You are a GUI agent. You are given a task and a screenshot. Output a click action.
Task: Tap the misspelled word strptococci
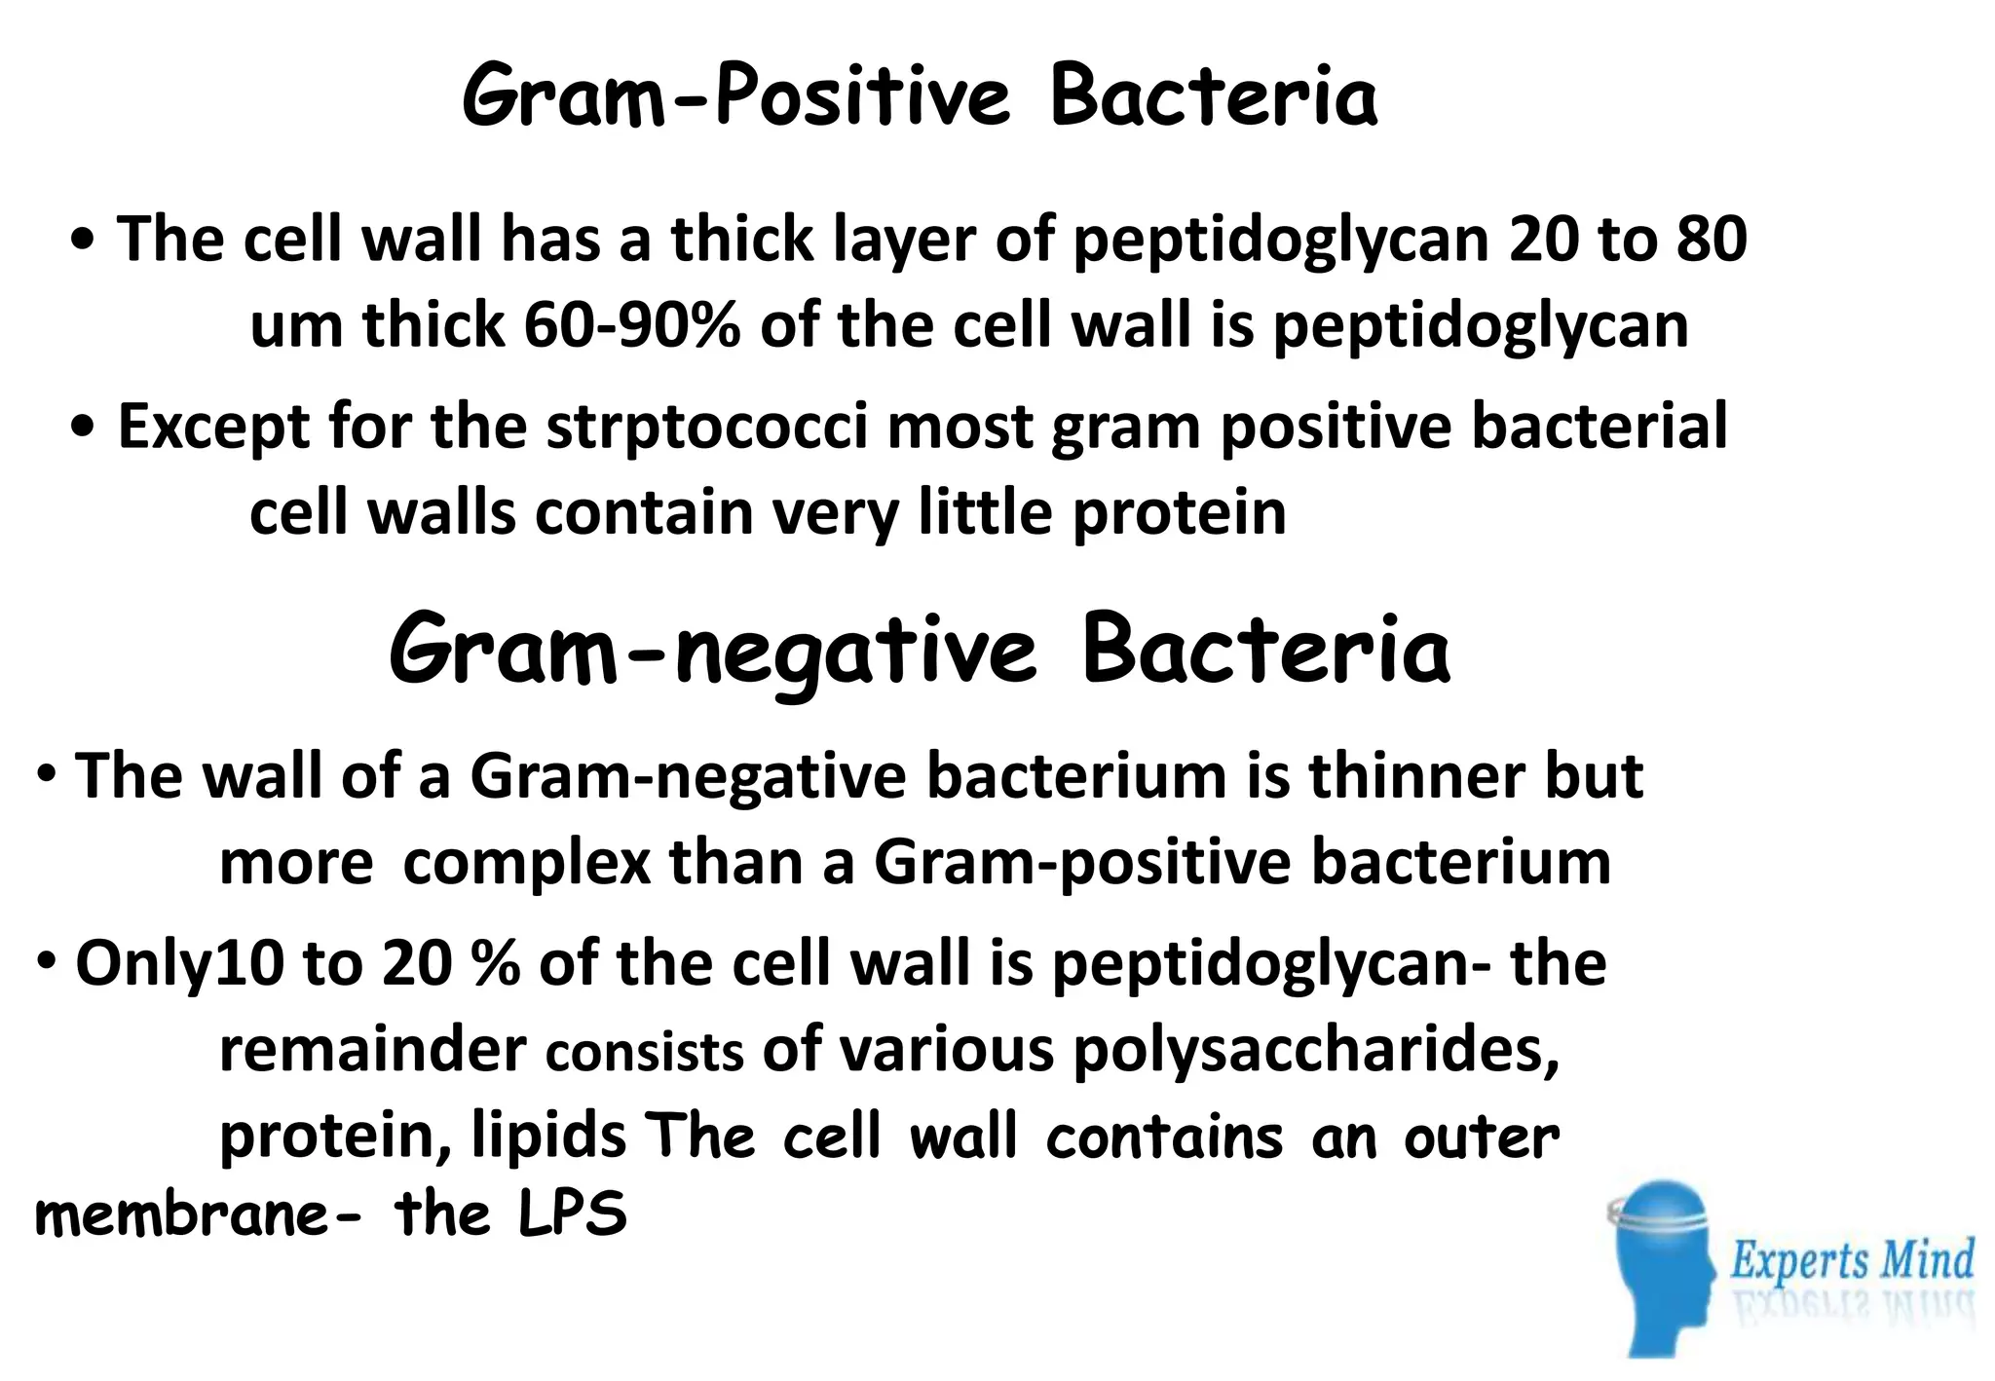pos(707,427)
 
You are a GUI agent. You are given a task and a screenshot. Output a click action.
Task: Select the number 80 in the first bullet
pos(1712,240)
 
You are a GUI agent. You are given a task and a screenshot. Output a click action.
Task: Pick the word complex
pos(527,863)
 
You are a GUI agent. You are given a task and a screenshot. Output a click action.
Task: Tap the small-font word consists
pos(645,1053)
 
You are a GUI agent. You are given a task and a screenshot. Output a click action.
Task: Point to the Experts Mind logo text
pos(1852,1260)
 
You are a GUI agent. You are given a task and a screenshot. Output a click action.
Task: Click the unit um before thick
pos(297,327)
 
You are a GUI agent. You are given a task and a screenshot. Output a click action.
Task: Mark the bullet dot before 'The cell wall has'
pos(84,242)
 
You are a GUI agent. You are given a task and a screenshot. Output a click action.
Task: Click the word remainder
pos(373,1050)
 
